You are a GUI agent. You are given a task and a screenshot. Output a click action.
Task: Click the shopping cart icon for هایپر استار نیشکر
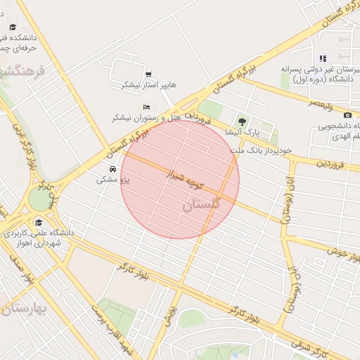tap(148, 74)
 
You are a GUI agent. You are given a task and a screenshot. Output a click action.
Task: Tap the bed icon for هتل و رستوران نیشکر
tap(136, 106)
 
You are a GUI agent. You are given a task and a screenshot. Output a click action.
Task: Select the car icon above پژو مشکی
tap(112, 169)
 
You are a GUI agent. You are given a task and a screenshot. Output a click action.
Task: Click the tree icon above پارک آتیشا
tap(243, 122)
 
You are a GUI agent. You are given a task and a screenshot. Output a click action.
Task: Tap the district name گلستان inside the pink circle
tap(201, 205)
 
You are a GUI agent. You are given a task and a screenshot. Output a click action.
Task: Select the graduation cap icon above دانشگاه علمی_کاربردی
tap(37, 223)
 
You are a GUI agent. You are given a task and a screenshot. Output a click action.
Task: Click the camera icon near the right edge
tap(347, 115)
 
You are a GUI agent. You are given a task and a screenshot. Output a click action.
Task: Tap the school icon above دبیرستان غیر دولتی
tap(323, 58)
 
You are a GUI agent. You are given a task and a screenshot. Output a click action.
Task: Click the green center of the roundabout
tap(40, 200)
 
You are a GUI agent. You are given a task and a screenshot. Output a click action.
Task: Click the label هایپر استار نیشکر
tap(149, 85)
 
